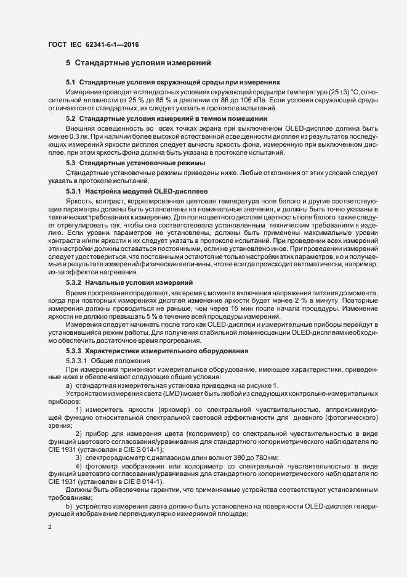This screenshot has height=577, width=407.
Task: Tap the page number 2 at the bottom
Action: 50,528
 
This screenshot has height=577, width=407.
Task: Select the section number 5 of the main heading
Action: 68,63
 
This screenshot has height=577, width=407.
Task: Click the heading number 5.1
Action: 70,83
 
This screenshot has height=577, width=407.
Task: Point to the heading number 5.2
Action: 70,118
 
